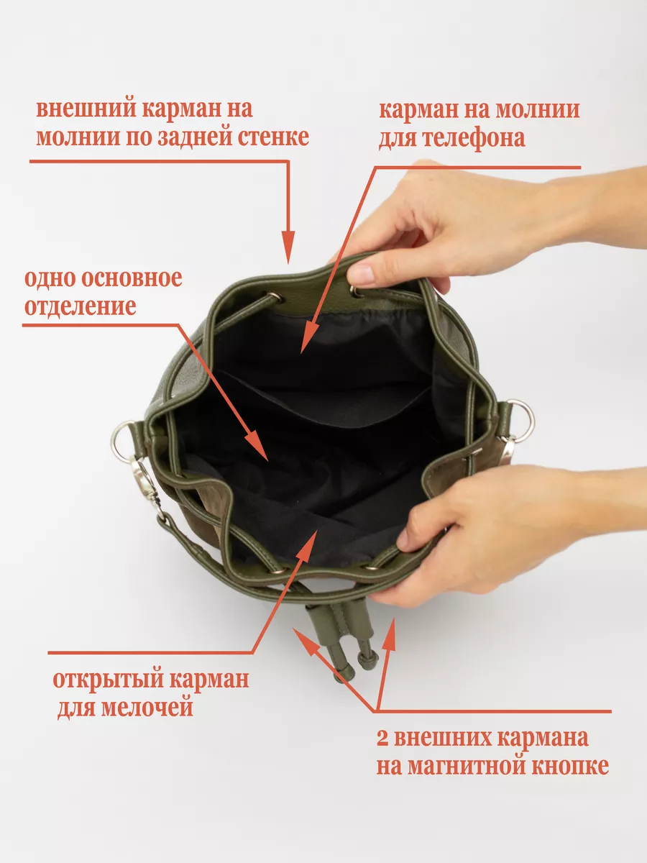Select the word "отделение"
[x=80, y=306]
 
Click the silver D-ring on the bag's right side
[x=521, y=421]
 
